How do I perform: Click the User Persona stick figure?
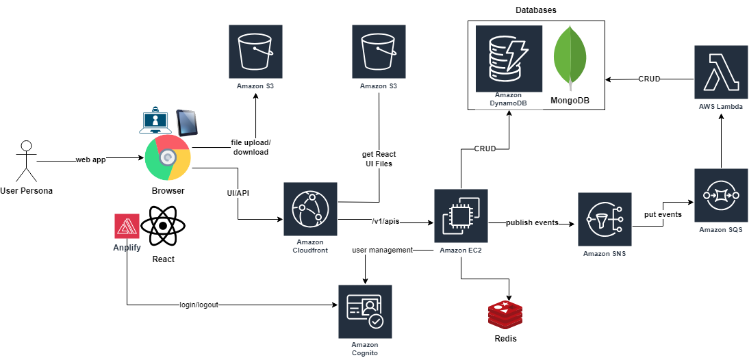click(26, 161)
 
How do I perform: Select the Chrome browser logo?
click(168, 157)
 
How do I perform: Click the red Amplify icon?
click(127, 227)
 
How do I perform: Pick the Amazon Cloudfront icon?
click(310, 209)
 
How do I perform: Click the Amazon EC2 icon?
click(461, 216)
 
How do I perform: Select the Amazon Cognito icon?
click(365, 312)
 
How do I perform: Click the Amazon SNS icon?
click(605, 219)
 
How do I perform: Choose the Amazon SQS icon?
click(720, 195)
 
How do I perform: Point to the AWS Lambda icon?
click(720, 72)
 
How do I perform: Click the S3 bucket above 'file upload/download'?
click(255, 52)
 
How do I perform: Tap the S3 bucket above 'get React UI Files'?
click(379, 52)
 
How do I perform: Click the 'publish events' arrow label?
click(532, 222)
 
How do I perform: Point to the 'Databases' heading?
click(535, 10)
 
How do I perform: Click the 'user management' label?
click(382, 250)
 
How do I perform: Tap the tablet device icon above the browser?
click(187, 122)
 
